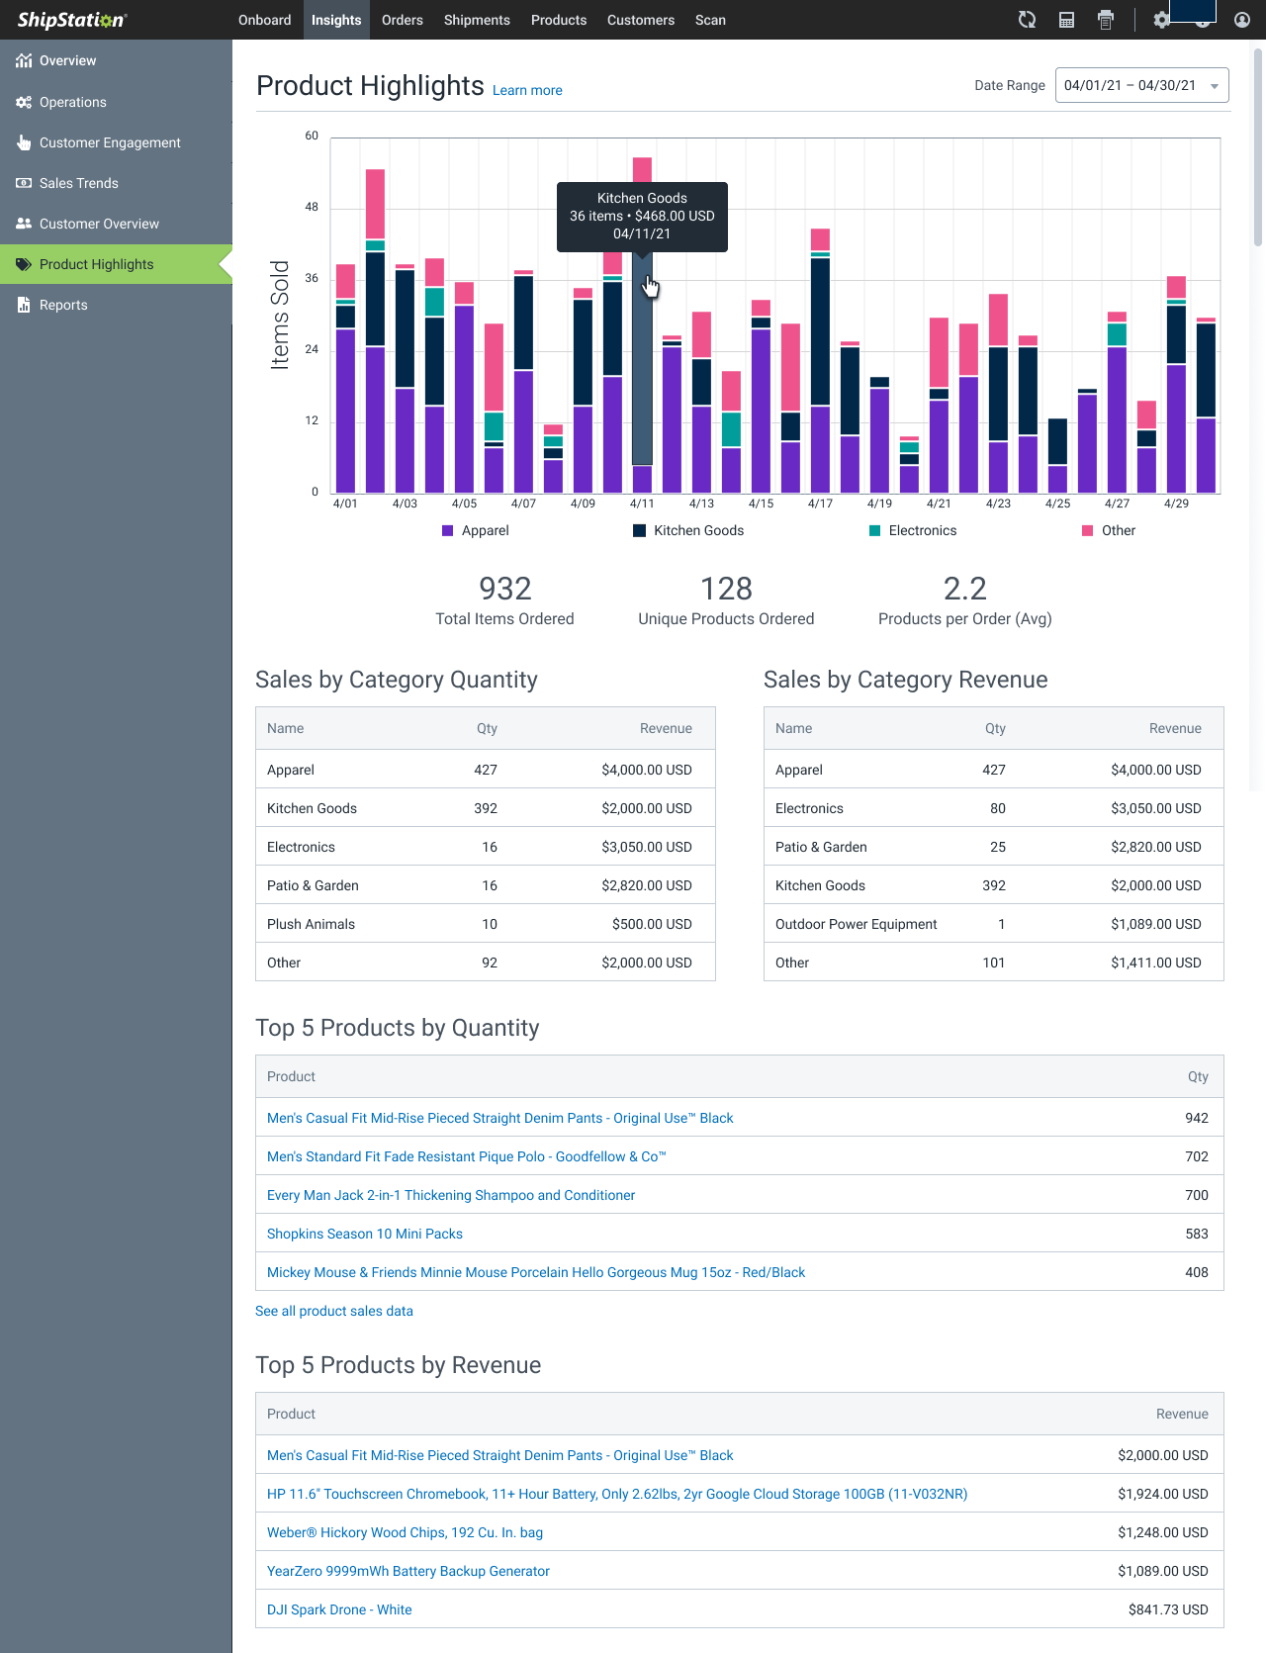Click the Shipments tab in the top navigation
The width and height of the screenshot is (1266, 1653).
pyautogui.click(x=477, y=20)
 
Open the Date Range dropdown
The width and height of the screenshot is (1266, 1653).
pyautogui.click(x=1141, y=86)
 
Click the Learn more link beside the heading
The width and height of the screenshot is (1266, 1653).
pyautogui.click(x=527, y=90)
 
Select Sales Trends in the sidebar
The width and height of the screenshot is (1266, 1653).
pyautogui.click(x=78, y=183)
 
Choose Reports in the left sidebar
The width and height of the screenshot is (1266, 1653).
pyautogui.click(x=63, y=305)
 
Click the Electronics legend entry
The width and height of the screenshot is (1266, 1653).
pyautogui.click(x=922, y=531)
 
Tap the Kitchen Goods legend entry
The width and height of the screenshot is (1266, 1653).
pyautogui.click(x=698, y=531)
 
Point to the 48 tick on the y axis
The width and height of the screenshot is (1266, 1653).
pyautogui.click(x=312, y=208)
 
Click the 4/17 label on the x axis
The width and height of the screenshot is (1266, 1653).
pyautogui.click(x=820, y=504)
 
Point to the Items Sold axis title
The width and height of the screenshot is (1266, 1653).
pyautogui.click(x=280, y=315)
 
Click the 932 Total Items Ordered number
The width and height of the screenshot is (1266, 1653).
pyautogui.click(x=504, y=589)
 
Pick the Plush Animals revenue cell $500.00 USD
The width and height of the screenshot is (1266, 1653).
pyautogui.click(x=651, y=924)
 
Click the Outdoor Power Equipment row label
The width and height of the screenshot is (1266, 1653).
pyautogui.click(x=856, y=924)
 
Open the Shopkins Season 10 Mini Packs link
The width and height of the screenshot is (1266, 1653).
pyautogui.click(x=365, y=1234)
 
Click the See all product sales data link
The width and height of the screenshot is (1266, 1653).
pyautogui.click(x=334, y=1311)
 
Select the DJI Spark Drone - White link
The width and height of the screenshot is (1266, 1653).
pyautogui.click(x=339, y=1609)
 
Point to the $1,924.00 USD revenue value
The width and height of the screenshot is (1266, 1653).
pyautogui.click(x=1162, y=1494)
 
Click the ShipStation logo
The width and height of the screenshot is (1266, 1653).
pyautogui.click(x=71, y=20)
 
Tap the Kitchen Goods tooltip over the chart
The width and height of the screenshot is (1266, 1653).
pyautogui.click(x=642, y=216)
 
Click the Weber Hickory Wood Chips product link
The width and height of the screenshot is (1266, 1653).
pyautogui.click(x=405, y=1532)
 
